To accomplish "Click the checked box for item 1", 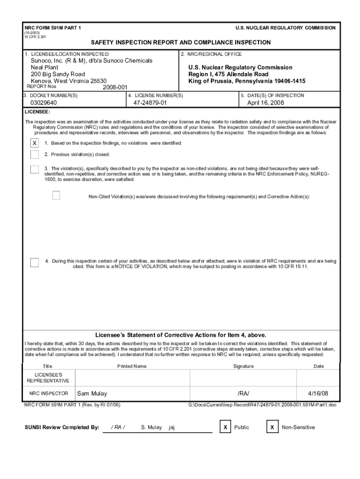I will pos(35,143).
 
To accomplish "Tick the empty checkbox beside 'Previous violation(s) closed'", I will pos(35,154).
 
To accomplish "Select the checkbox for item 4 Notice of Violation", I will pos(35,262).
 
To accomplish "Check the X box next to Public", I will pos(226,427).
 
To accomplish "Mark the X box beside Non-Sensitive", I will pos(272,427).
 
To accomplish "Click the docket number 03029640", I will pos(43,103).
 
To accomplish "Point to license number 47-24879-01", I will pos(150,103).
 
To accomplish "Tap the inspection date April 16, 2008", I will pos(266,103).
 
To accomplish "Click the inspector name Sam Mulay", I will pos(92,393).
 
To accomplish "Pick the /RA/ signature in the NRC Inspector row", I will pos(244,393).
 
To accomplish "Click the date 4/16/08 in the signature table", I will pos(318,393).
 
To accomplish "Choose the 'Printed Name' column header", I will pos(132,366).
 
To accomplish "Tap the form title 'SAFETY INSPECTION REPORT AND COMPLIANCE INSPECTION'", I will pos(180,43).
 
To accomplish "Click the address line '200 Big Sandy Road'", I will pos(58,74).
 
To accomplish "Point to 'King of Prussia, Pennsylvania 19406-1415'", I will pos(247,81).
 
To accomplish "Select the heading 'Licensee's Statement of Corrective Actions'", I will pos(181,335).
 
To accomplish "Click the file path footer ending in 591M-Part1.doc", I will pos(262,405).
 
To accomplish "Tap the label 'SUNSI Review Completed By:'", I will pos(62,427).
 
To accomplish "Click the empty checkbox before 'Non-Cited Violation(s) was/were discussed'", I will pos(56,196).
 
